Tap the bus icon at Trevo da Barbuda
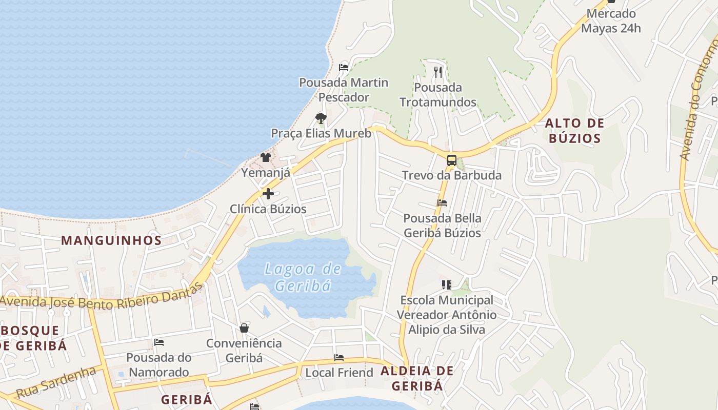pyautogui.click(x=451, y=160)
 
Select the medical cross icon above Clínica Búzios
pyautogui.click(x=268, y=194)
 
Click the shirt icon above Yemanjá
pyautogui.click(x=265, y=157)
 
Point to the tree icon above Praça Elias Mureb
pyautogui.click(x=321, y=118)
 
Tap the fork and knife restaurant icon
pyautogui.click(x=437, y=72)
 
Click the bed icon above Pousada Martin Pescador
pyautogui.click(x=344, y=67)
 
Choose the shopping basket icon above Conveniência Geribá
pyautogui.click(x=244, y=327)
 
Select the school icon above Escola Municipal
pyautogui.click(x=447, y=284)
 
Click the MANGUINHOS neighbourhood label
pyautogui.click(x=111, y=240)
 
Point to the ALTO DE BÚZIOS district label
pyautogui.click(x=574, y=131)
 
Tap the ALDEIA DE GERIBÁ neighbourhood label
pyautogui.click(x=417, y=378)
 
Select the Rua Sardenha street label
pyautogui.click(x=56, y=382)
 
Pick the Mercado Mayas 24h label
pyautogui.click(x=611, y=21)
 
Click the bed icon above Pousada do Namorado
pyautogui.click(x=159, y=342)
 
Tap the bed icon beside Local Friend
pyautogui.click(x=338, y=358)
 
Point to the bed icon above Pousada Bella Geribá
pyautogui.click(x=442, y=203)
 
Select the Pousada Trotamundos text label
pyautogui.click(x=438, y=95)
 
